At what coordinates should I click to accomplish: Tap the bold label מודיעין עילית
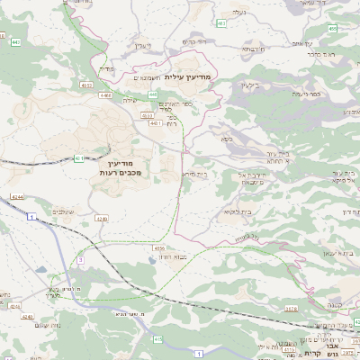click(x=189, y=76)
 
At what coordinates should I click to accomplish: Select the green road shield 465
click(x=333, y=29)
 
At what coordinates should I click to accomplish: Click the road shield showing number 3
click(x=80, y=259)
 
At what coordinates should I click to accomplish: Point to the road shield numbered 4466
click(x=106, y=93)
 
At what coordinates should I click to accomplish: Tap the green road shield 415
click(x=157, y=338)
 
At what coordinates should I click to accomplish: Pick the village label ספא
click(x=226, y=139)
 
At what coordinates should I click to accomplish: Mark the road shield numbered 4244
click(x=18, y=195)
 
